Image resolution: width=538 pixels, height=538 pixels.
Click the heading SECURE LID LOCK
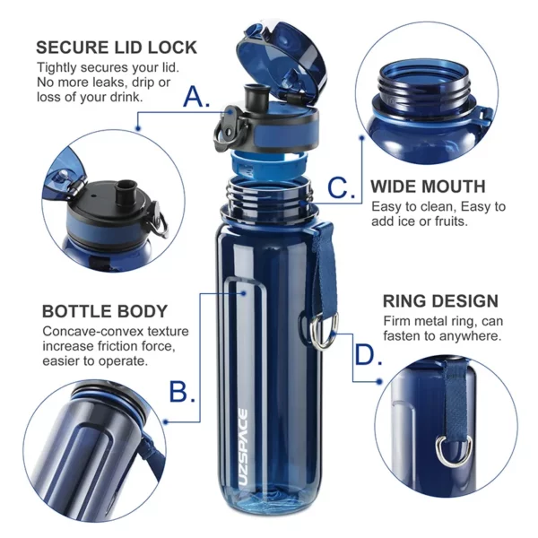tap(117, 48)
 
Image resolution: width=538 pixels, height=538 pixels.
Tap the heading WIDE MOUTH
tap(428, 187)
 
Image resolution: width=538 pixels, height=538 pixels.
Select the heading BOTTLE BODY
tap(105, 311)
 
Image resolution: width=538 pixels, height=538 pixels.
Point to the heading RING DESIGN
tap(440, 301)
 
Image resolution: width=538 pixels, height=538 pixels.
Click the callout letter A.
tap(196, 96)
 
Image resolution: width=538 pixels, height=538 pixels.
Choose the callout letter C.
tap(341, 187)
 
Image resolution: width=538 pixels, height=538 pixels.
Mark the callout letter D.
tap(368, 354)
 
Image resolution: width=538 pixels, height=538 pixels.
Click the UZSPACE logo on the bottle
tap(243, 447)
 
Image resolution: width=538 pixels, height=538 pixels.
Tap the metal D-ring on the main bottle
tap(324, 331)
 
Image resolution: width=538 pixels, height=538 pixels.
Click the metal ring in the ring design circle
tap(453, 450)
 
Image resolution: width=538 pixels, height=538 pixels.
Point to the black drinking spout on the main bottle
tap(255, 94)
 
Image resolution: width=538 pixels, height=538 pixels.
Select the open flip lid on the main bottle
tap(282, 59)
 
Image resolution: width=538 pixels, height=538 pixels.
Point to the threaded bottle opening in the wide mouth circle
tap(423, 82)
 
